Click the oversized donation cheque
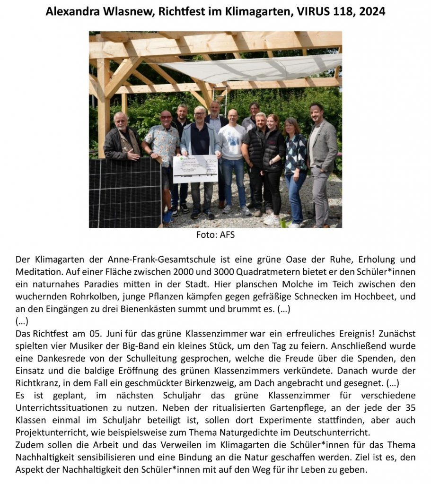pos(195,169)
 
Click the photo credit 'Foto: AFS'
pos(215,235)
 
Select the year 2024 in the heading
pos(372,12)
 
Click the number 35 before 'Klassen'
pos(409,407)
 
